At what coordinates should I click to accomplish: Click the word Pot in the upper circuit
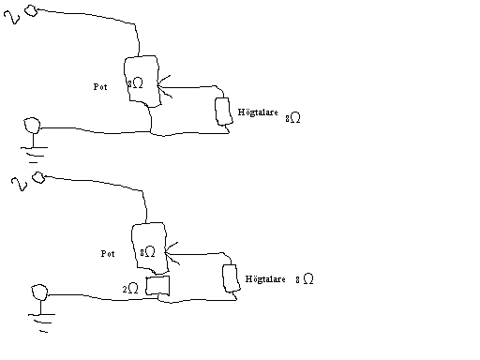pos(100,87)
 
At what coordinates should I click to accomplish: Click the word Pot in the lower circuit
pos(108,254)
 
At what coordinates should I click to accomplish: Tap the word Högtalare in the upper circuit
pos(258,112)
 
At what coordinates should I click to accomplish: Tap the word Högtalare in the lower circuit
pos(265,279)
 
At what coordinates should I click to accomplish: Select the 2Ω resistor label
pos(130,289)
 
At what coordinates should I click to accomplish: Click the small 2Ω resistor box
pos(157,277)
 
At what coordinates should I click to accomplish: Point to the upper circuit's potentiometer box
pos(125,82)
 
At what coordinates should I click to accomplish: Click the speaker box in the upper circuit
pos(216,112)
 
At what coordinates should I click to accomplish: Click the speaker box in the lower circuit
pos(223,278)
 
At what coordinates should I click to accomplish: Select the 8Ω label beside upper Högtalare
pos(292,118)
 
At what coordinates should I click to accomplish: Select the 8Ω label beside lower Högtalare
pos(305,278)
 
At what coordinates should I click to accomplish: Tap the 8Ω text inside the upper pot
pos(135,83)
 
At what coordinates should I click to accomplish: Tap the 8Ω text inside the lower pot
pos(147,252)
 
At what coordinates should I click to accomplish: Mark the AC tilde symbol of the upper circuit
pos(12,17)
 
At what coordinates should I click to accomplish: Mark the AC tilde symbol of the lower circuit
pos(20,184)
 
